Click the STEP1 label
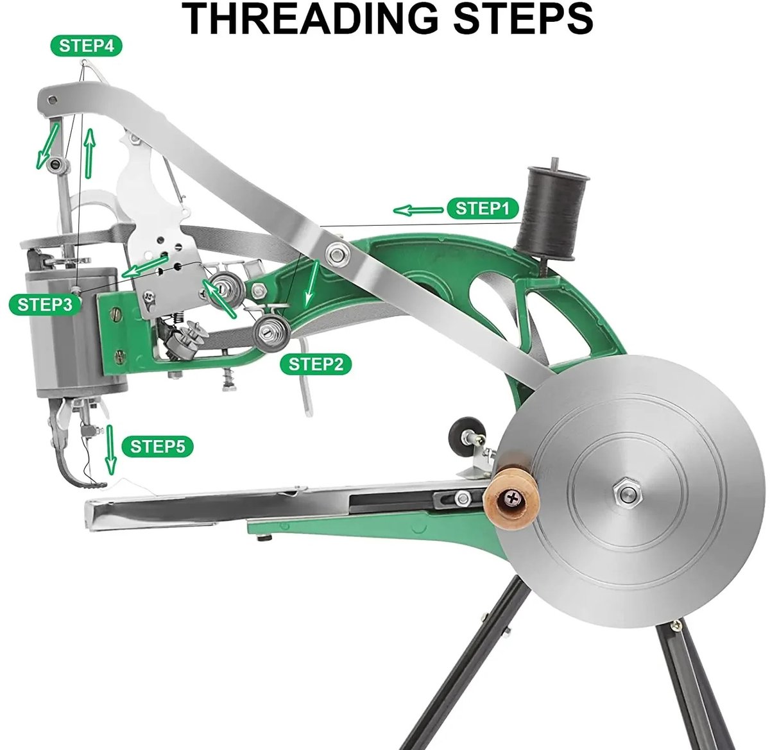pos(483,209)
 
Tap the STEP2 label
pos(315,364)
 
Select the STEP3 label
pos(45,305)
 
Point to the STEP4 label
pos(86,46)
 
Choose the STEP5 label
pos(157,446)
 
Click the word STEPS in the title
pos(523,18)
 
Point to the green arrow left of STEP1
pos(418,210)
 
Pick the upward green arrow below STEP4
pos(90,153)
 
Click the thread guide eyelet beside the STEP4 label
pos(83,62)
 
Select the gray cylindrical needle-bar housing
pos(73,332)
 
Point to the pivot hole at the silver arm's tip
pos(52,99)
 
